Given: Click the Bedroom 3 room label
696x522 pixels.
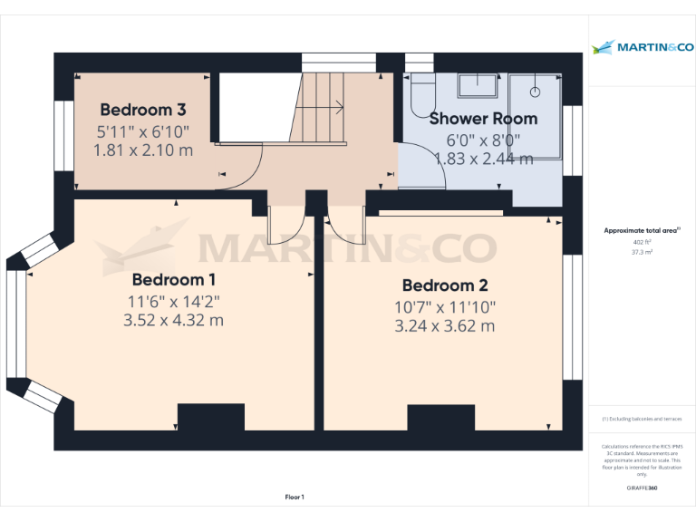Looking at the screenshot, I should coord(143,111).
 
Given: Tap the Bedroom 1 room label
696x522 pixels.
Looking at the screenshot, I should coord(175,279).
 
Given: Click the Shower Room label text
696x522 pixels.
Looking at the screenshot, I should coord(483,119).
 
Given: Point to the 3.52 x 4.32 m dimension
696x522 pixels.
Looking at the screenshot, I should coord(173,320).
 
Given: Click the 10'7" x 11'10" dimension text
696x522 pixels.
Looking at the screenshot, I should coord(445,307).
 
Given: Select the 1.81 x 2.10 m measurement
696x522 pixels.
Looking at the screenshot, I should coord(143,150).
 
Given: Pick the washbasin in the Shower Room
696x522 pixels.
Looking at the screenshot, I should coord(477,86).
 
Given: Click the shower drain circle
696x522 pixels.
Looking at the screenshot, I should coord(536,91).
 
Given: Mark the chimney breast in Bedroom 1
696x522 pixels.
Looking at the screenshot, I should coord(210,417).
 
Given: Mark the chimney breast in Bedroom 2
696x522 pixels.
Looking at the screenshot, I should coord(440,417).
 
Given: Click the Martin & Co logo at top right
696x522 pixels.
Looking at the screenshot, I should coord(642,47).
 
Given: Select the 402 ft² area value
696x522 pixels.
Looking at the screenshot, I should coord(642,243).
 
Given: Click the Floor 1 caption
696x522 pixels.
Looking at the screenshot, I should coord(295,497).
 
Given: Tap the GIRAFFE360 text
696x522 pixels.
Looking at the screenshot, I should coord(642,488).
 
